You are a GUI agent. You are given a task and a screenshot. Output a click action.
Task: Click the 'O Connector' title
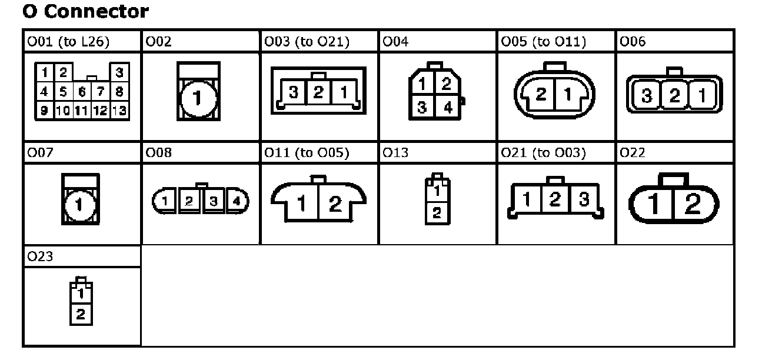pyautogui.click(x=85, y=11)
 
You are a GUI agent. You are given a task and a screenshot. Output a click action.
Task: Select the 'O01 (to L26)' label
pyautogui.click(x=68, y=42)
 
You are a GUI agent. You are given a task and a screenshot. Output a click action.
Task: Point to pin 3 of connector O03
pyautogui.click(x=293, y=92)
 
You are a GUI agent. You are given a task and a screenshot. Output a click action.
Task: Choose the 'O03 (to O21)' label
pyautogui.click(x=307, y=42)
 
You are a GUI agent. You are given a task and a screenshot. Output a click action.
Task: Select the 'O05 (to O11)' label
pyautogui.click(x=543, y=42)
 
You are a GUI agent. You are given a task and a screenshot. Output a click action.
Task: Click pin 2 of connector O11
pyautogui.click(x=335, y=204)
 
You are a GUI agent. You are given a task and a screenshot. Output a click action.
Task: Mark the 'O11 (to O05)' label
pyautogui.click(x=307, y=154)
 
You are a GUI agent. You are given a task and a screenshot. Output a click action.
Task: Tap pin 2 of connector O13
pyautogui.click(x=435, y=213)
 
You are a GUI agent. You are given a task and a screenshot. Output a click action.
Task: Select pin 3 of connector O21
pyautogui.click(x=583, y=199)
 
